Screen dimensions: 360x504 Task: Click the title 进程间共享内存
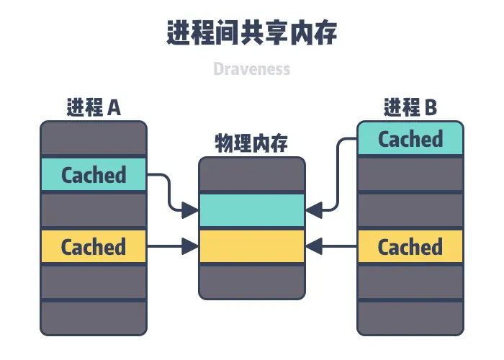251,33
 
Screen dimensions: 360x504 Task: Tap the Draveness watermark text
251,69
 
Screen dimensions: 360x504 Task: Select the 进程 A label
94,108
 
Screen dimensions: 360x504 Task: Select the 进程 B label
410,108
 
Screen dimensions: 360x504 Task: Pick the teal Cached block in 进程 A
94,174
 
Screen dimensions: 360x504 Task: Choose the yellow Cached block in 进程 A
94,247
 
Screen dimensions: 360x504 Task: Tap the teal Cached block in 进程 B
410,138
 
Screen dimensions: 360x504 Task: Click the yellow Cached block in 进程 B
410,247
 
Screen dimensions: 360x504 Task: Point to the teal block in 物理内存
251,210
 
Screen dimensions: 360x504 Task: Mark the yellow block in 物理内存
251,246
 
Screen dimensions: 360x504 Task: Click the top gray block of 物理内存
251,175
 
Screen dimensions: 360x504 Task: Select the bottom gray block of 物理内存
251,281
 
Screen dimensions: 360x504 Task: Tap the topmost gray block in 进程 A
94,138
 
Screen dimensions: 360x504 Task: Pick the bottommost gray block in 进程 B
410,318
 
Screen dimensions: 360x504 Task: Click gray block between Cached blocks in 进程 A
94,210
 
